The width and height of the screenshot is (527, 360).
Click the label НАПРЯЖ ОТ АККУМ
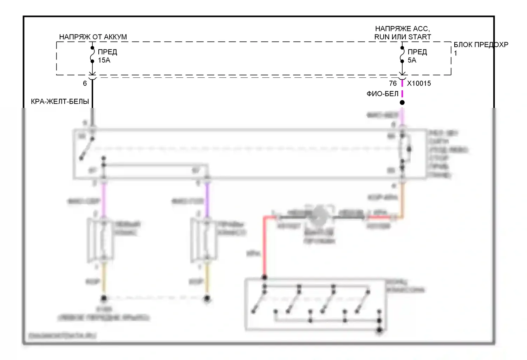(93, 37)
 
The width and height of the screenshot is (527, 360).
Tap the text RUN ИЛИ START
(403, 37)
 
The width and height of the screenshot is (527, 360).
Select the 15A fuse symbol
(92, 54)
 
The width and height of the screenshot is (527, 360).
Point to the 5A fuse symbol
(402, 54)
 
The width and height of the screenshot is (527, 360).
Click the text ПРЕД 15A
(107, 56)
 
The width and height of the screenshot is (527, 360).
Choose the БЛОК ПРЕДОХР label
(481, 45)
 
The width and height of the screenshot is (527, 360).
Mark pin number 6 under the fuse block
(85, 83)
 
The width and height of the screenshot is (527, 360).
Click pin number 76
(393, 83)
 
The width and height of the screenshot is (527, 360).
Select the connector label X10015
(419, 83)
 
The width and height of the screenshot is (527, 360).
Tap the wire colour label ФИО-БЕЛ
(382, 94)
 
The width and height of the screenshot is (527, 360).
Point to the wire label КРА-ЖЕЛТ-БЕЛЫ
(60, 102)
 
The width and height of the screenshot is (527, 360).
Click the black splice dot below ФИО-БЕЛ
(402, 103)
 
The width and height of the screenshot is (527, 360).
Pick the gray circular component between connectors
(320, 214)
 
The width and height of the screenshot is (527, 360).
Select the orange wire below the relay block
(403, 200)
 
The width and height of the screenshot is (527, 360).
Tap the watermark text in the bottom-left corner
(62, 336)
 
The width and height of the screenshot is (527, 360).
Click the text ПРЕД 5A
(417, 56)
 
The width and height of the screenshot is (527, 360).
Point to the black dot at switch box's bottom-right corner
(379, 330)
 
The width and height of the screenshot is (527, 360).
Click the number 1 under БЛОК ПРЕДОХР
(456, 53)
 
